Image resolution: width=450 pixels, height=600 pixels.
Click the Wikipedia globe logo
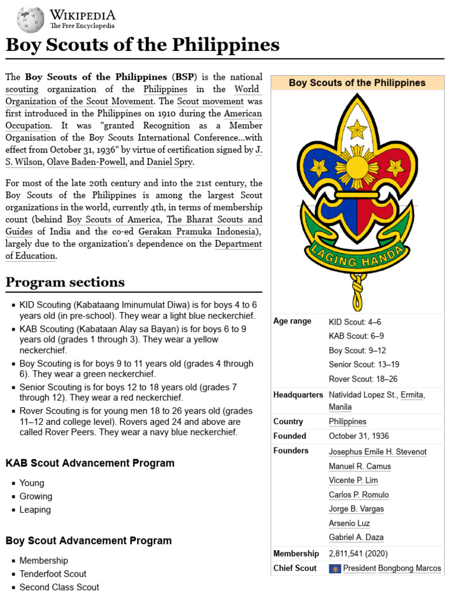point(30,19)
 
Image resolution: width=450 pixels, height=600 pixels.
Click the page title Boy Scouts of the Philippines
point(142,45)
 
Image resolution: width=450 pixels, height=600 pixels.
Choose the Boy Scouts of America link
point(113,220)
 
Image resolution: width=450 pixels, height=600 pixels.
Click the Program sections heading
point(65,282)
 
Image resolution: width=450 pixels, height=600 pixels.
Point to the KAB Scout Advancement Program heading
point(90,463)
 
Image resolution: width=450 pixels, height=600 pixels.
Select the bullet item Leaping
point(35,510)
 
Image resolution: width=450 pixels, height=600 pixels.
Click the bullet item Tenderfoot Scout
point(53,574)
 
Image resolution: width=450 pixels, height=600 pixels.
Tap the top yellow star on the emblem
point(356,128)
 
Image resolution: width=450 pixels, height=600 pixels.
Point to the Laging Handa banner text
point(356,254)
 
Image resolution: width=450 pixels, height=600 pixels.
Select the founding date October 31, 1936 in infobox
point(359,436)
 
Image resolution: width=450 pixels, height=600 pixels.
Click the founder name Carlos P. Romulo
point(359,495)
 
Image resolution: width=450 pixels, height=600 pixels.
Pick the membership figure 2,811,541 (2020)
point(358,553)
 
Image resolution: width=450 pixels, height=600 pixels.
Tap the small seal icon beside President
point(335,568)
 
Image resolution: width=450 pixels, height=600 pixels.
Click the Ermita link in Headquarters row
point(412,395)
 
